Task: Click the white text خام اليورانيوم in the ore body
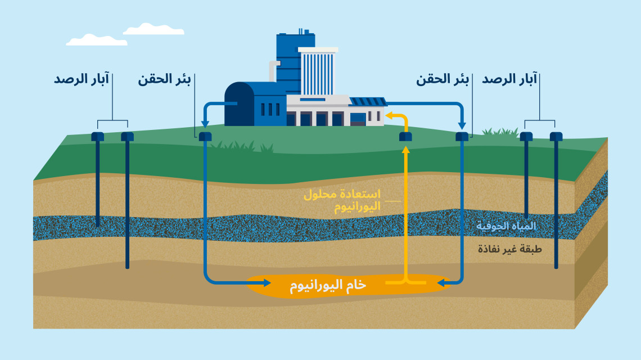click(328, 285)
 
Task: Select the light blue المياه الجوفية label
click(506, 226)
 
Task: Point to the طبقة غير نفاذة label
click(509, 249)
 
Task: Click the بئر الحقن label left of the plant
click(165, 79)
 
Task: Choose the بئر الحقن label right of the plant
click(443, 79)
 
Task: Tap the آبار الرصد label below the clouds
click(82, 79)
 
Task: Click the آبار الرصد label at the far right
click(509, 79)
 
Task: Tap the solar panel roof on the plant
click(368, 102)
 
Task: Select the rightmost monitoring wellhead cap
click(556, 137)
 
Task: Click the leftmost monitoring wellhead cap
click(98, 137)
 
